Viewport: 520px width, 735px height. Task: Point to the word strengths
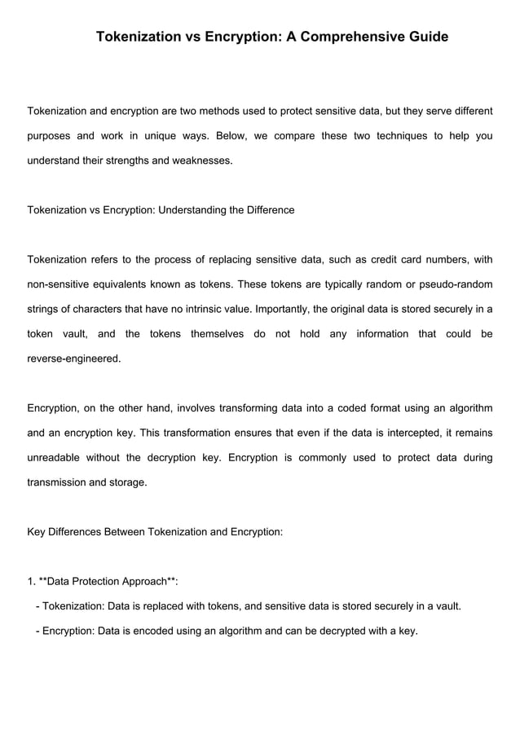pos(128,161)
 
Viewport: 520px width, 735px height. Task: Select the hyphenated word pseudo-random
pos(456,284)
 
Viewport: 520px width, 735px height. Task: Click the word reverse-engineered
pos(74,359)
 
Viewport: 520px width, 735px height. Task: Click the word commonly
pos(330,458)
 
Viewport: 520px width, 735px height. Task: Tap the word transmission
pos(56,482)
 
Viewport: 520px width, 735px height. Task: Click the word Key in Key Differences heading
pos(37,532)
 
